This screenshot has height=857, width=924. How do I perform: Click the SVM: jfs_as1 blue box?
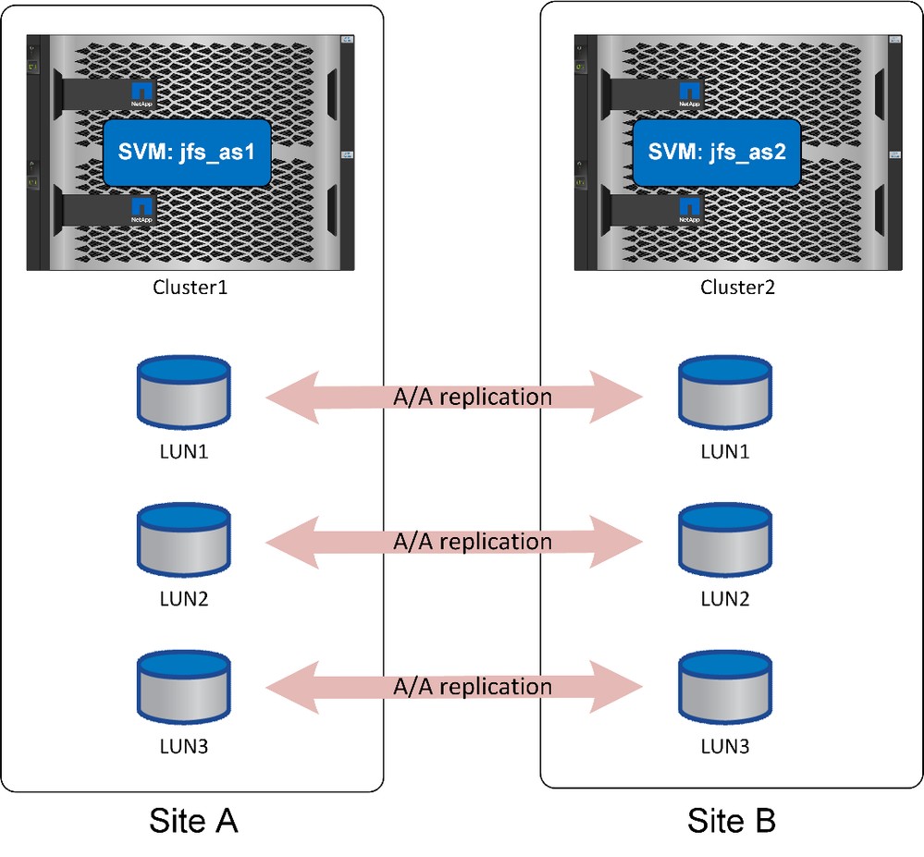coord(186,153)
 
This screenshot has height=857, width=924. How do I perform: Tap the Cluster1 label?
coord(190,287)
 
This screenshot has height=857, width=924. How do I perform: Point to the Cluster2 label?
coord(738,287)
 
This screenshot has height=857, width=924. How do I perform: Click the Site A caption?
coord(193,820)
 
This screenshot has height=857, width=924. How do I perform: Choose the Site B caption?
coord(732,820)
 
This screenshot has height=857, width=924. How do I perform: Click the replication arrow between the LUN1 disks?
coord(454,398)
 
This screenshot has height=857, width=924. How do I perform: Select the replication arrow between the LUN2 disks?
coord(454,541)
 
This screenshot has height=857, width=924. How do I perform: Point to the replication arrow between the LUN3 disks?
coord(454,687)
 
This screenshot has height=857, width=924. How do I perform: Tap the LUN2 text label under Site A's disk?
coord(183,598)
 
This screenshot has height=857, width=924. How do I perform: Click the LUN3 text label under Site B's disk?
coord(725,744)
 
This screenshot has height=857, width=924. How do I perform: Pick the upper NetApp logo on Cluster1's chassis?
coord(142,92)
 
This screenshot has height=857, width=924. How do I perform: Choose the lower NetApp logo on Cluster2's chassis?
coord(689,210)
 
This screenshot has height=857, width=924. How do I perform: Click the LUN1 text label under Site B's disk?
coord(725,452)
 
